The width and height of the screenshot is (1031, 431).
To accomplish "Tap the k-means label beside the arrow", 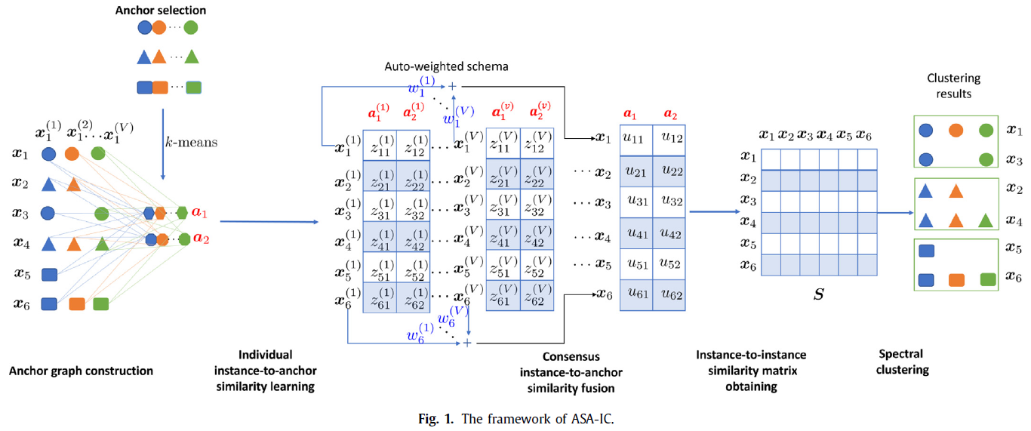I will (193, 142).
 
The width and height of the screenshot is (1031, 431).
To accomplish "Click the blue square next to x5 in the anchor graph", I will (49, 275).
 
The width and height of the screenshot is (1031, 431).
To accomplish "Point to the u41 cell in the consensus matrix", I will (636, 234).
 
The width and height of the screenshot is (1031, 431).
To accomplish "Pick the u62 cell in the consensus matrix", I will (668, 295).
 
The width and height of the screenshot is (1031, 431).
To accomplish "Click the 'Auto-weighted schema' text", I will (446, 66).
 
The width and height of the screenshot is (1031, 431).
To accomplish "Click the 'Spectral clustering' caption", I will (901, 362).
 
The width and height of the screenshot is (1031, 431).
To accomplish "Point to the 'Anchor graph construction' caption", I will (81, 371).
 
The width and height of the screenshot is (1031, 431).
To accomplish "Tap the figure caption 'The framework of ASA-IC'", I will (515, 418).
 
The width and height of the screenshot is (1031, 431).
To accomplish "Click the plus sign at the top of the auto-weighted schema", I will (453, 86).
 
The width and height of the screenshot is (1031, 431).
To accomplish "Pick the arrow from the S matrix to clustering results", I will (895, 213).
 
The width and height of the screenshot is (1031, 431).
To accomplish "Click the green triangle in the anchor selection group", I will (192, 57).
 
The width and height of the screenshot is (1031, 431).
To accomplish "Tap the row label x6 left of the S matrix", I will (747, 265).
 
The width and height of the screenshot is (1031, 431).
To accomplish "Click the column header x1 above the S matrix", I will (767, 136).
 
